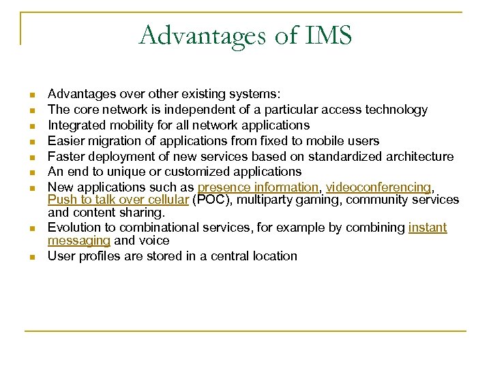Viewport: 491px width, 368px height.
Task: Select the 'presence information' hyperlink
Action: click(x=258, y=187)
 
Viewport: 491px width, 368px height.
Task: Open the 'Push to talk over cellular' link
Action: click(x=118, y=200)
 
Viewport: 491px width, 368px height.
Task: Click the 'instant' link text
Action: click(x=428, y=228)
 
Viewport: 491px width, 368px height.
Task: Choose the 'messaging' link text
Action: click(x=78, y=241)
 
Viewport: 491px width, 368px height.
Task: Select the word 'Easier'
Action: click(x=66, y=141)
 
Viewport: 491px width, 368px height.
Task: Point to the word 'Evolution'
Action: click(x=74, y=228)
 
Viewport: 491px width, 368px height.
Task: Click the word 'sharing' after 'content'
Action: click(x=143, y=213)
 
